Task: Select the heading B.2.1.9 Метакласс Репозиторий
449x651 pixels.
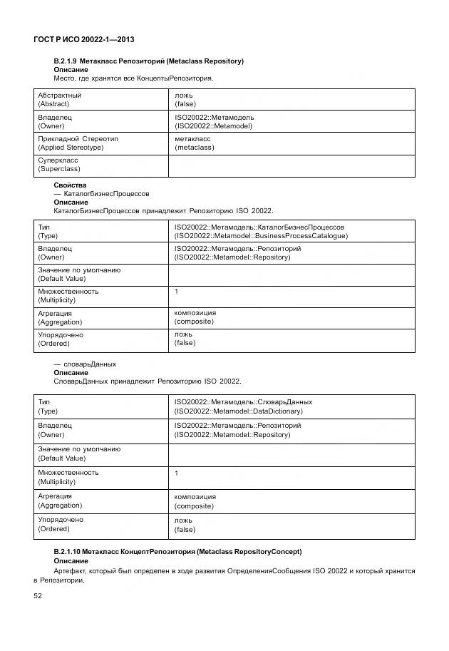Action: pos(148,61)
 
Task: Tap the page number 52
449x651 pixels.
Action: pos(38,595)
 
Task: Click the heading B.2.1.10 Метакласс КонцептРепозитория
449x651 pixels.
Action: pos(177,552)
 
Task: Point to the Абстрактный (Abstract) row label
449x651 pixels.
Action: pos(59,99)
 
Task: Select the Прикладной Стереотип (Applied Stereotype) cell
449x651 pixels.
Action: pos(71,143)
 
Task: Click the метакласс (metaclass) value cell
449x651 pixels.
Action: pos(194,143)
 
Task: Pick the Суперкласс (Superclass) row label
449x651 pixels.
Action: pos(58,165)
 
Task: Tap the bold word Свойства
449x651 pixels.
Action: pos(70,185)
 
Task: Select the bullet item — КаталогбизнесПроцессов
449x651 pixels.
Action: pos(101,194)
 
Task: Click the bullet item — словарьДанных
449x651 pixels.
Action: pos(85,364)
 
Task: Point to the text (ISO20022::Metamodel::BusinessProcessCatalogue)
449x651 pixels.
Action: pos(261,235)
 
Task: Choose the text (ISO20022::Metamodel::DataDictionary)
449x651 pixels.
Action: pos(239,411)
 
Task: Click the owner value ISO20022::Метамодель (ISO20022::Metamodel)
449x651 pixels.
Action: pos(214,121)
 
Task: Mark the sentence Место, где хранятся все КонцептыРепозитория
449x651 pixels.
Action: pos(133,78)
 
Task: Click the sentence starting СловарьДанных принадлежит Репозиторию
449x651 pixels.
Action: pos(148,381)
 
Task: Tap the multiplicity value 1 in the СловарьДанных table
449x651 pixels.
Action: pos(177,473)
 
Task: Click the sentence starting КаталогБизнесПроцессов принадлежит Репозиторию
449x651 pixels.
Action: pos(163,211)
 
